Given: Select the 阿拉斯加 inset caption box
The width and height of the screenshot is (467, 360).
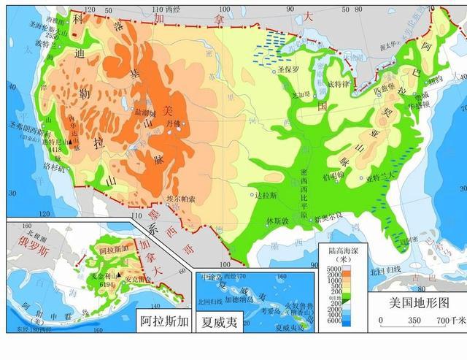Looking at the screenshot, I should click(x=163, y=319).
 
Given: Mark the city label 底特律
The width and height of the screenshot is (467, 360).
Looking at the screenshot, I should click(x=339, y=85).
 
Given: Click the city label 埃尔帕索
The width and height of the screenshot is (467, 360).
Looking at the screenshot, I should click(x=181, y=199).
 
